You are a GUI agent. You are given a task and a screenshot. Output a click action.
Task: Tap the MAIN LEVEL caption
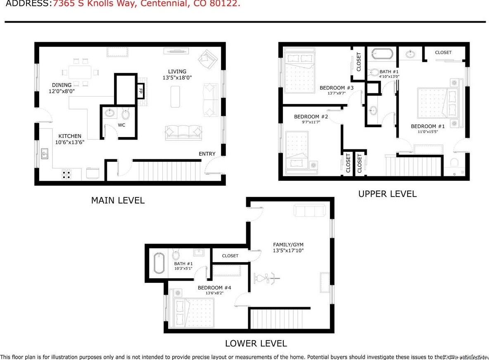coord(118,201)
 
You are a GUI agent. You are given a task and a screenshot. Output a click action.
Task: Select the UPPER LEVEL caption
coord(387,194)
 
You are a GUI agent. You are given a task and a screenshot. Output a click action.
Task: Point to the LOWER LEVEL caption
coord(256,343)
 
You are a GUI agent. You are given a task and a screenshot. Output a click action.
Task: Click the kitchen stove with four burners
coord(66,174)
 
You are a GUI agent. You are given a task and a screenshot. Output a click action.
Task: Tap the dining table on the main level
coord(80,73)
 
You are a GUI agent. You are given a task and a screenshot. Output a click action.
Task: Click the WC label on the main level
coord(121,125)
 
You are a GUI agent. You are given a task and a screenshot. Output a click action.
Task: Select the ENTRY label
coord(207,154)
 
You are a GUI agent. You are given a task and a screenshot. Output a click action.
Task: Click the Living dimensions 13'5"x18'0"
coord(177,78)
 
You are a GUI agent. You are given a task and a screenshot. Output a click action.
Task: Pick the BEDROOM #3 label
coord(337,88)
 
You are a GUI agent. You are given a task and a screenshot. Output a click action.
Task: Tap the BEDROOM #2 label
coord(311,117)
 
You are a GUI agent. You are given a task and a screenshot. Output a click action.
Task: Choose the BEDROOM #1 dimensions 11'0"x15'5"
coord(427,132)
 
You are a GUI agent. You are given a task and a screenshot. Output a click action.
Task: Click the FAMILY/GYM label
coord(288,244)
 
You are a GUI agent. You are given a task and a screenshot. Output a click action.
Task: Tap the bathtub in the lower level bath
coord(159,263)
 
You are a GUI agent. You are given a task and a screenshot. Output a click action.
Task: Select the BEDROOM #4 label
coord(214,288)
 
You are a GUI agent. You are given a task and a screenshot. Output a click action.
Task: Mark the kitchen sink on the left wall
coord(44,154)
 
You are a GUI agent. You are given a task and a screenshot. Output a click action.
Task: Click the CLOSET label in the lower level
coord(230,256)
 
